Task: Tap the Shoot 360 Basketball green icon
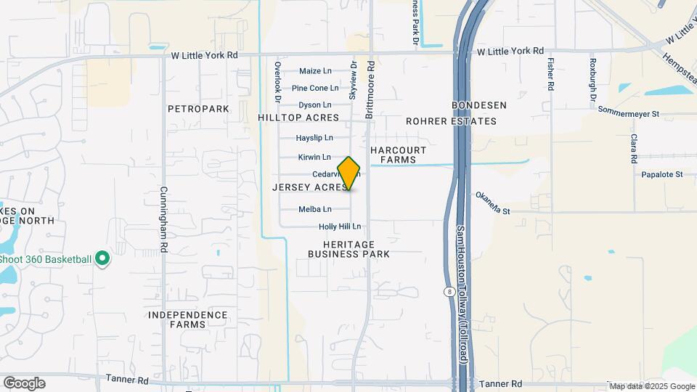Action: coord(102,258)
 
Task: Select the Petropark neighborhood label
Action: coord(198,109)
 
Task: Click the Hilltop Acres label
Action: coord(298,118)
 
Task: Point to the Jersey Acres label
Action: coord(309,187)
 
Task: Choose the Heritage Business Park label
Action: coord(348,249)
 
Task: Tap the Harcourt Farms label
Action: coord(393,155)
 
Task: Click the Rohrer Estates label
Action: coord(451,121)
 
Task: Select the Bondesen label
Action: coord(479,105)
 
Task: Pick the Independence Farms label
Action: coord(188,319)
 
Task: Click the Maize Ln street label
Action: coord(315,71)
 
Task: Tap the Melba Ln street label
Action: coord(315,210)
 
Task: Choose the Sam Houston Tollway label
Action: coord(462,294)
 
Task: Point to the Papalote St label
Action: coord(662,175)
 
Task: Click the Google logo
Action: coord(24,383)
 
